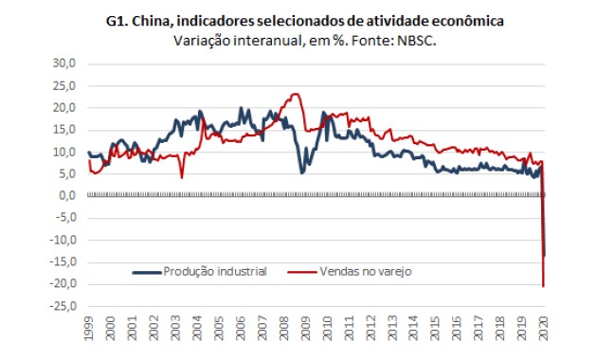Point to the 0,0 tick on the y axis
(x=64, y=196)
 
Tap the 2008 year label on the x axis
(x=284, y=331)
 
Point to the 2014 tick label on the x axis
(x=414, y=331)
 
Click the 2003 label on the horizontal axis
(x=176, y=331)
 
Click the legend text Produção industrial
(x=216, y=270)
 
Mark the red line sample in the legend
(x=302, y=271)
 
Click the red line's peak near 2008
(x=295, y=94)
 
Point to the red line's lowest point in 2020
(x=543, y=285)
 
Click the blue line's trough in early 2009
(x=302, y=171)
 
